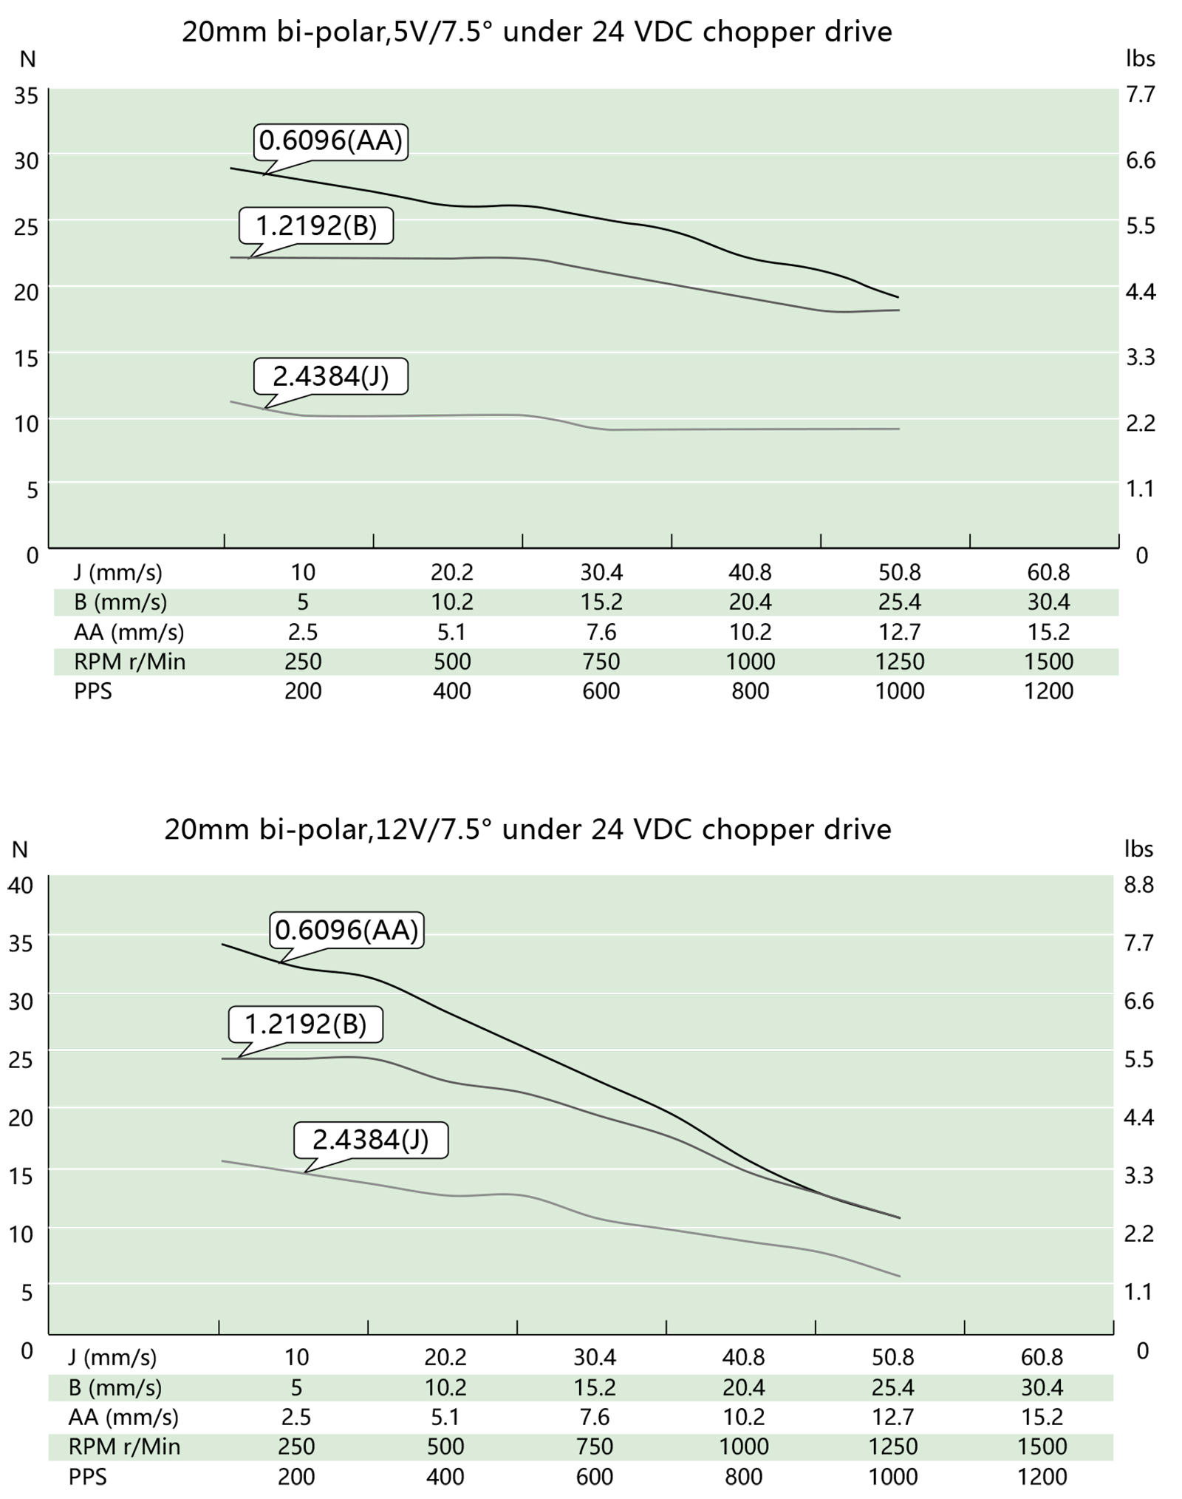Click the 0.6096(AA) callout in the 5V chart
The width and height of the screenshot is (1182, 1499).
pos(330,140)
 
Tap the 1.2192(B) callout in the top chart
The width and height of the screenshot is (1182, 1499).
pos(315,225)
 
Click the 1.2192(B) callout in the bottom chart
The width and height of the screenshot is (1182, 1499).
pos(305,1024)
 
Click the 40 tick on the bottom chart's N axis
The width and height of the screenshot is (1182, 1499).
pos(21,885)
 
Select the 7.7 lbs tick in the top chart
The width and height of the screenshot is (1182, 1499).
pos(1140,95)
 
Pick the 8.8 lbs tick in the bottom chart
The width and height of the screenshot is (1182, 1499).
pos(1138,884)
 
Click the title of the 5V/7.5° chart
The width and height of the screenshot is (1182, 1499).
pos(537,32)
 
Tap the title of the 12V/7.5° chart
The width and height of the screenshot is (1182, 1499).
pos(527,829)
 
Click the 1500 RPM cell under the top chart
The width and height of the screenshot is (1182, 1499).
pos(1048,661)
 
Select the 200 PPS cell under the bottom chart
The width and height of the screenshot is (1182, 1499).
pos(296,1477)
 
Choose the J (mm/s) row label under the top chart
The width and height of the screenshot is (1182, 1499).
pos(118,572)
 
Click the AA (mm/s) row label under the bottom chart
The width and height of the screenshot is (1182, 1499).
pos(123,1417)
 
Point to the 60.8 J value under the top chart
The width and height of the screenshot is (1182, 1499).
pos(1048,572)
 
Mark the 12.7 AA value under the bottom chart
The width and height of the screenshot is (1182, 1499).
pos(893,1417)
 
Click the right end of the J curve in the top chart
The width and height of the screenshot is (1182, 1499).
pos(898,429)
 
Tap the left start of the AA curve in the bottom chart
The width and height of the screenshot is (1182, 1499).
pos(223,945)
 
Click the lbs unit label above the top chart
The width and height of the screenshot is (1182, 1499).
pos(1140,58)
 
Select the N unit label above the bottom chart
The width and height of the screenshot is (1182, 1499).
pos(20,849)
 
